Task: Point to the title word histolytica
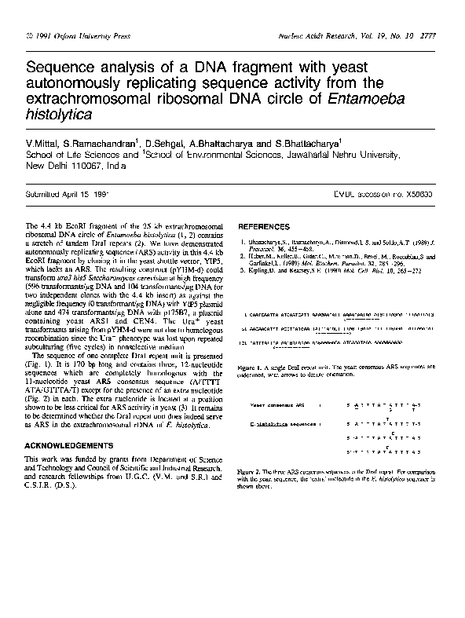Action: (59, 114)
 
